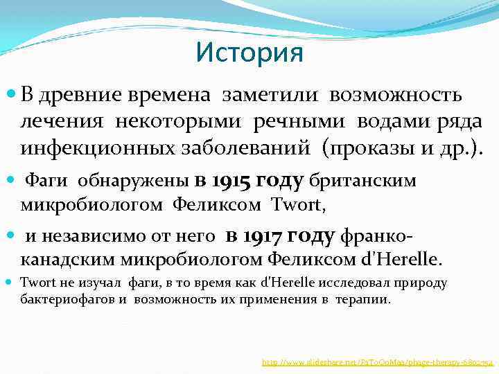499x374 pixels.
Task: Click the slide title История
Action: click(x=249, y=53)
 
